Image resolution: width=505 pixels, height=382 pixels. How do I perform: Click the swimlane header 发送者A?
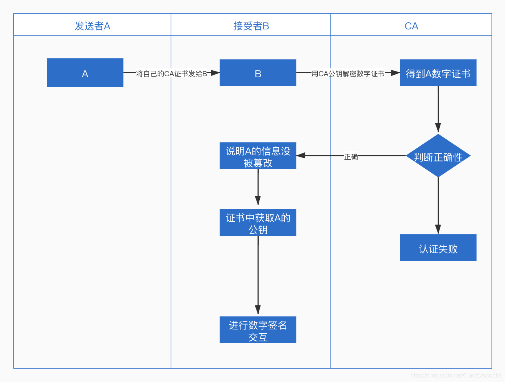point(92,26)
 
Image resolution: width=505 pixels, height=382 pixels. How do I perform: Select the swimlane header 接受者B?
point(251,26)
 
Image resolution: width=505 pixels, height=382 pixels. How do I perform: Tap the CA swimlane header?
point(411,26)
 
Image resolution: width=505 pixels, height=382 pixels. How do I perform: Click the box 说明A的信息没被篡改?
point(258,156)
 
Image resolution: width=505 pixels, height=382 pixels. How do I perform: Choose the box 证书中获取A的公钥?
point(258,223)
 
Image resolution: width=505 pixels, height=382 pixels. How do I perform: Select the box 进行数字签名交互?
point(258,330)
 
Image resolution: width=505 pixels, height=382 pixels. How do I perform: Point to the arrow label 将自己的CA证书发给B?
point(171,74)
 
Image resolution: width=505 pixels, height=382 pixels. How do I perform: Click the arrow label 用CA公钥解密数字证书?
point(348,74)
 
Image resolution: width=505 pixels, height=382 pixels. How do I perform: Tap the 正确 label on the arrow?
point(351,157)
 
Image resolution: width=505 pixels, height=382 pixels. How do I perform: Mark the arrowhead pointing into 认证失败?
point(438,229)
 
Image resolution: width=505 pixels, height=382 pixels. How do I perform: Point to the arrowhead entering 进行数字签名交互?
point(258,310)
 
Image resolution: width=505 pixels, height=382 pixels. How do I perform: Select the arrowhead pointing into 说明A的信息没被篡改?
point(301,156)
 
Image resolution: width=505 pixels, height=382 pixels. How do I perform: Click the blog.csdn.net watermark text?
point(456,375)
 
